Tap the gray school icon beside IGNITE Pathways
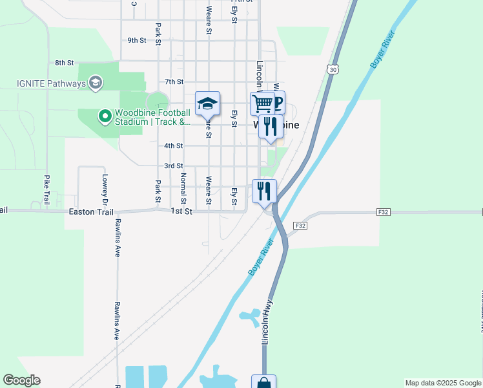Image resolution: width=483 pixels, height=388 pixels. (x=96, y=83)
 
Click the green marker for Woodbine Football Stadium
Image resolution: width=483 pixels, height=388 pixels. (x=104, y=116)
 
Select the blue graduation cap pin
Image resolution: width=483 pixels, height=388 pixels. (x=208, y=103)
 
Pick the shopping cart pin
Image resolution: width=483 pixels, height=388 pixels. (x=262, y=103)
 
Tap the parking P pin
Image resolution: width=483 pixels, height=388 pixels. (x=278, y=102)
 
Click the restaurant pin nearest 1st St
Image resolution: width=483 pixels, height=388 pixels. (x=265, y=191)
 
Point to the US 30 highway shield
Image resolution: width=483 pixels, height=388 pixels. (x=333, y=69)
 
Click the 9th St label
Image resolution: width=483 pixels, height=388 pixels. (x=137, y=40)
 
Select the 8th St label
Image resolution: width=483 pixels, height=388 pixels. (x=65, y=63)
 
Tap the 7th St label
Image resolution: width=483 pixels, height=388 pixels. (x=174, y=82)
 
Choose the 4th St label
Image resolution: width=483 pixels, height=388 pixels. (x=173, y=146)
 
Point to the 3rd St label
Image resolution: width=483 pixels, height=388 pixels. (x=173, y=166)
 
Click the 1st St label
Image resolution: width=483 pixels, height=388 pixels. (x=181, y=211)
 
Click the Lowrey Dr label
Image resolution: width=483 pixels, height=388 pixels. (x=104, y=187)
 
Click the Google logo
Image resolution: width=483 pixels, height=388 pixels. (x=21, y=380)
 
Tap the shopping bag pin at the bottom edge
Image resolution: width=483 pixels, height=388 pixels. (x=263, y=383)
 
